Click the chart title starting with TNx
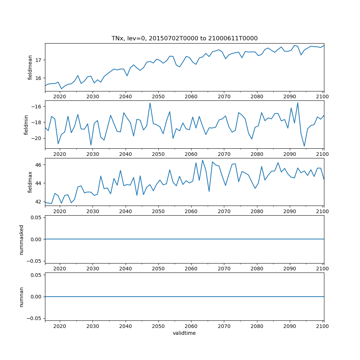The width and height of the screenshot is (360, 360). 184,39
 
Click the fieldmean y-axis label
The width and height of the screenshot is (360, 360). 30,67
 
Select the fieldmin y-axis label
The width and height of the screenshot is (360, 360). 26,125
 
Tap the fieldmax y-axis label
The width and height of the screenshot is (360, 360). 30,182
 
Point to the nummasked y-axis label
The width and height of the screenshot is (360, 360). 21,239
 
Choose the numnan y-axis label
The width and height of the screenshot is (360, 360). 21,297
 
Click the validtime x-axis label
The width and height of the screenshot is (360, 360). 184,333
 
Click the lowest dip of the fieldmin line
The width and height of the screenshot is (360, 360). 304,146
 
